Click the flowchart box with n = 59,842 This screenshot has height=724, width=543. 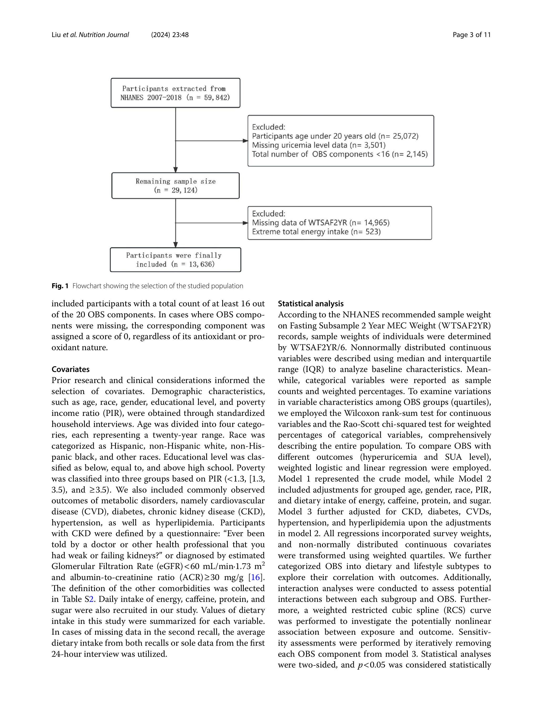coord(175,93)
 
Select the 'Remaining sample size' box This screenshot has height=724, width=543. coord(175,185)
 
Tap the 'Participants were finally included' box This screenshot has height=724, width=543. coord(175,260)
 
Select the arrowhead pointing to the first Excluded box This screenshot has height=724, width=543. coord(245,141)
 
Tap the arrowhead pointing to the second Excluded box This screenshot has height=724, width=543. coord(245,223)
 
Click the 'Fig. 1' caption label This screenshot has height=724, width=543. coord(60,286)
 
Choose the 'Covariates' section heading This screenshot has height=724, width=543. coord(70,369)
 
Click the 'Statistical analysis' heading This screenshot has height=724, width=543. coord(311,303)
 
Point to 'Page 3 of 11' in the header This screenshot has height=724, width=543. coord(472,35)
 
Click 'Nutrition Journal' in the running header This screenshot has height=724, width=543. coord(104,35)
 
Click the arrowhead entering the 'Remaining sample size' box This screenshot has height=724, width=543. coord(175,170)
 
